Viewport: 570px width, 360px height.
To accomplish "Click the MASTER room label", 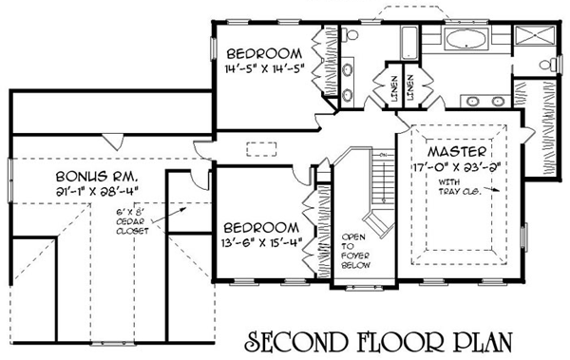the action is click(x=457, y=152).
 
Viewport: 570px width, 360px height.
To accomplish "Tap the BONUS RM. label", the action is click(x=98, y=177).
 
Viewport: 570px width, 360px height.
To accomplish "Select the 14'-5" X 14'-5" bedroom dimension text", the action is click(x=264, y=68).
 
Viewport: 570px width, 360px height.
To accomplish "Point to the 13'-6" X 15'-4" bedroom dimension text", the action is click(x=262, y=242).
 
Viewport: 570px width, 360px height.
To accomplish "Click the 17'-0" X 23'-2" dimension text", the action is click(x=457, y=167).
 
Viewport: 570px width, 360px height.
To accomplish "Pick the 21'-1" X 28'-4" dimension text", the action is click(x=98, y=192).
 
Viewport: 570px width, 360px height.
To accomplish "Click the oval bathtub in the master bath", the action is click(x=465, y=39).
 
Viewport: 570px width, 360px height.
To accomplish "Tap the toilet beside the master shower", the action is click(x=548, y=66).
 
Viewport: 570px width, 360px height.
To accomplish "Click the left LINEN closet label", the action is click(x=395, y=88).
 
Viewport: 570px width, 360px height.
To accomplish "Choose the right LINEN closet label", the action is click(x=410, y=88).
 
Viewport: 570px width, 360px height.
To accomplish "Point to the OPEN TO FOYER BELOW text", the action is click(x=355, y=252).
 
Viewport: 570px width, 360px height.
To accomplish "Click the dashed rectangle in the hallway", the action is click(x=261, y=149).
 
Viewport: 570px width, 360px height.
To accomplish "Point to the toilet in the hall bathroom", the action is click(x=351, y=35).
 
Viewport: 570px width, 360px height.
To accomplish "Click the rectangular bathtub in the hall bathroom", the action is click(x=410, y=42).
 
